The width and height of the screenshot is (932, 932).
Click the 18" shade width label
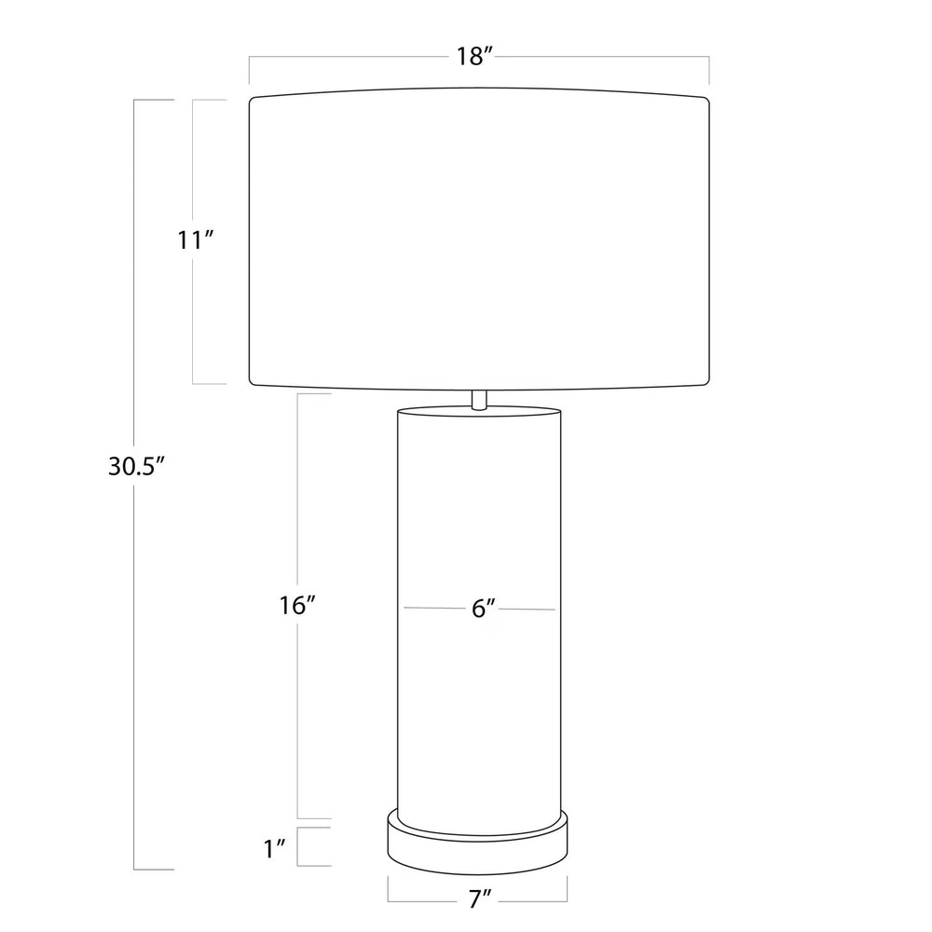point(473,57)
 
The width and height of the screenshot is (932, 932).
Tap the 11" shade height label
point(197,240)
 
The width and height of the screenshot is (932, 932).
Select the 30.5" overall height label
point(135,467)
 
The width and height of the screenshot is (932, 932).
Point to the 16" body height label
point(298,606)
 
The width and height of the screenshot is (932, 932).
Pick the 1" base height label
point(274,848)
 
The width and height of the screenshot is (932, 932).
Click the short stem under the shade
point(479,399)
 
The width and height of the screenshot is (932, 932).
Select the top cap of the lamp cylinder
point(479,410)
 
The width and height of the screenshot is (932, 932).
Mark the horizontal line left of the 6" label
point(433,608)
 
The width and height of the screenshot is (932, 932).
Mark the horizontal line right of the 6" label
point(527,610)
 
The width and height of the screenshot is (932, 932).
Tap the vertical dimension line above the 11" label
point(193,158)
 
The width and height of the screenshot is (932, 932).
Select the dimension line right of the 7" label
point(536,901)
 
